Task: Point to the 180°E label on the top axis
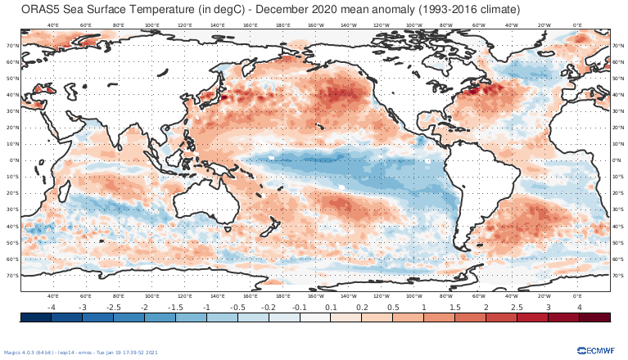click(x=282, y=25)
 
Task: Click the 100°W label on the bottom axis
click(x=413, y=295)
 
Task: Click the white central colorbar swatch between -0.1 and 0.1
click(x=314, y=317)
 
